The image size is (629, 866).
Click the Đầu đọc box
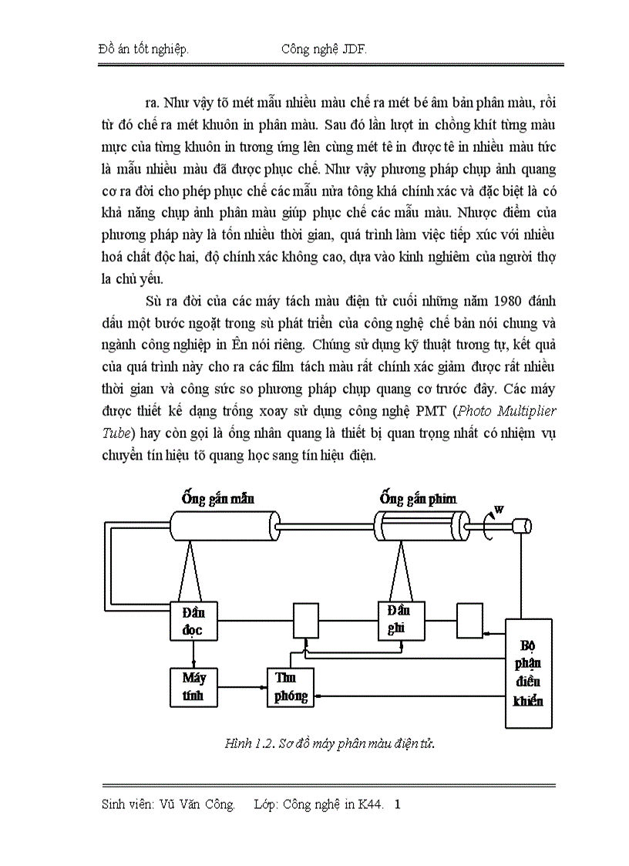pyautogui.click(x=193, y=622)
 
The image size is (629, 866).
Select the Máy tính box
pyautogui.click(x=193, y=686)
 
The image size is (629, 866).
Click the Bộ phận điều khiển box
pyautogui.click(x=528, y=672)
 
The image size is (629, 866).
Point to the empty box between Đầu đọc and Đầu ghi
pyautogui.click(x=306, y=621)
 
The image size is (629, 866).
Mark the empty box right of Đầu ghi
pyautogui.click(x=470, y=620)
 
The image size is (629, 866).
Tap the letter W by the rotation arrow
pyautogui.click(x=499, y=509)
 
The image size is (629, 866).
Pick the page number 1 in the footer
pyautogui.click(x=398, y=805)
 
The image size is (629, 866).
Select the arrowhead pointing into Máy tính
pyautogui.click(x=193, y=665)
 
